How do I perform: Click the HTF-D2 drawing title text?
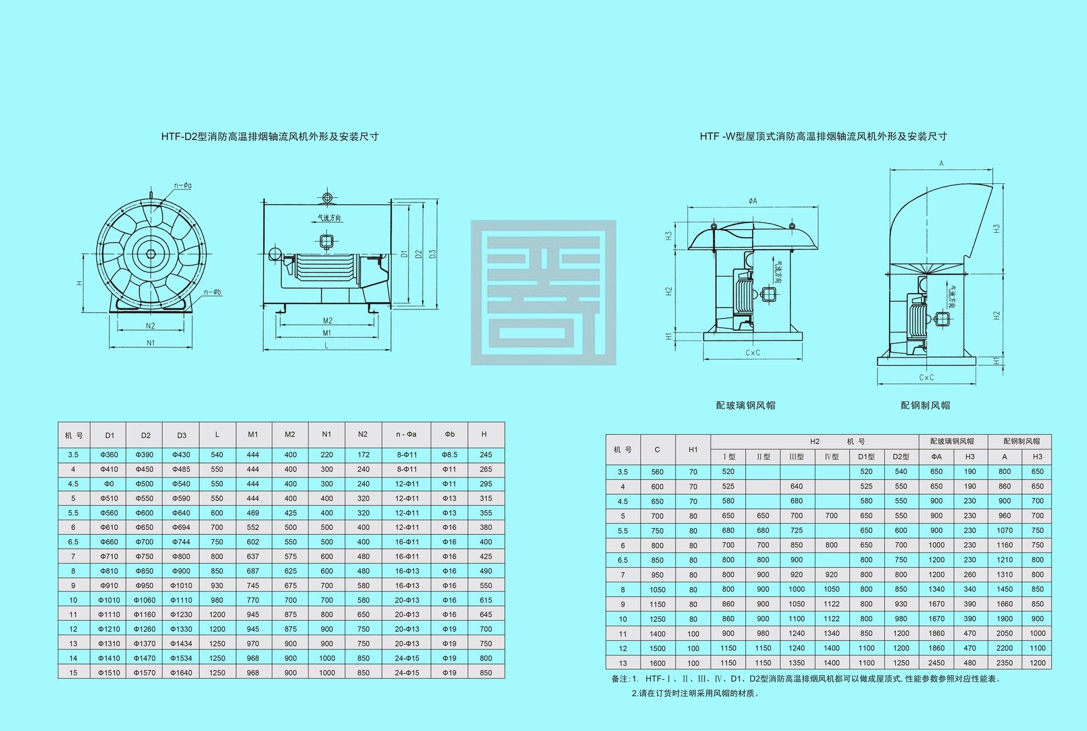(x=270, y=136)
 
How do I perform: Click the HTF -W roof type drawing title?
(x=823, y=136)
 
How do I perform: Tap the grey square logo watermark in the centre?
(x=543, y=292)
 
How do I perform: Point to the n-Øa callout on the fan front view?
(x=183, y=185)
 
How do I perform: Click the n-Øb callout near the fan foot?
(x=213, y=292)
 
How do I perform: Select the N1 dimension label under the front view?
(x=150, y=343)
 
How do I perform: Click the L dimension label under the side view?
(x=326, y=345)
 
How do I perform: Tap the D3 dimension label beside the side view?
(x=432, y=253)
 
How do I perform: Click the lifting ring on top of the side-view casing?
(x=328, y=198)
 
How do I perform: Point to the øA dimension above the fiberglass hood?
(x=753, y=201)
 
